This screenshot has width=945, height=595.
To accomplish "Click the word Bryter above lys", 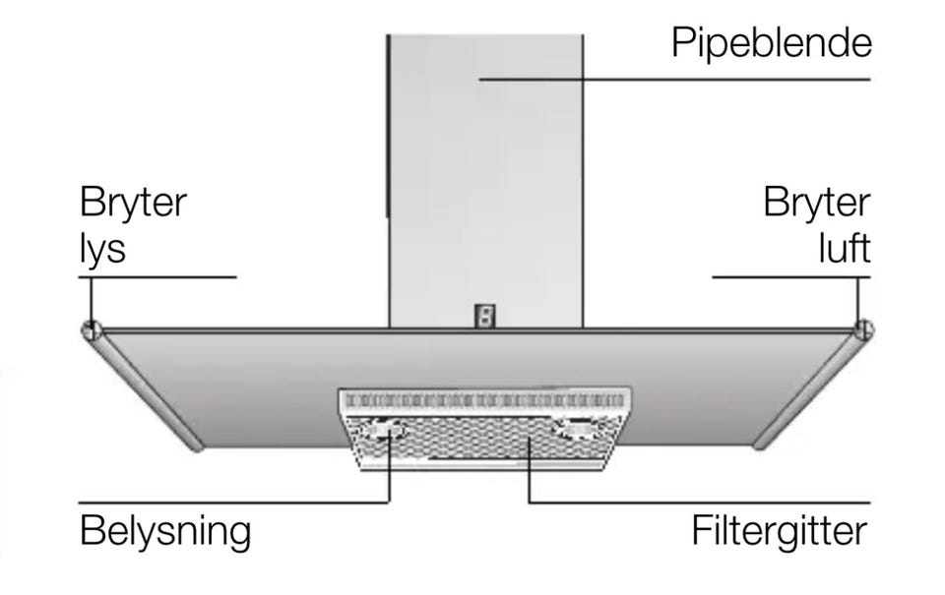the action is tap(133, 202).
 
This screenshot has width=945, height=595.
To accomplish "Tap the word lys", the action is tap(102, 248).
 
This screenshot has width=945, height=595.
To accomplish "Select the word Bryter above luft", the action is tap(817, 202).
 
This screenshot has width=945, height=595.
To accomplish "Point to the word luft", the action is tap(845, 247).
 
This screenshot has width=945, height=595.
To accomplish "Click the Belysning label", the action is tap(165, 531).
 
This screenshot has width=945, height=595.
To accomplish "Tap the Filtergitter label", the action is tap(780, 530).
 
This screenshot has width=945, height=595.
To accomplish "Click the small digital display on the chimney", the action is tap(485, 316).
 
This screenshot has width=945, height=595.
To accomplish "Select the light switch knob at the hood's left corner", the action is tap(91, 329).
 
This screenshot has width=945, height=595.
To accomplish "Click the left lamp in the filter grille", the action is tap(384, 429).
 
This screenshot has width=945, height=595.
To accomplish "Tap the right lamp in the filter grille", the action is tap(578, 428).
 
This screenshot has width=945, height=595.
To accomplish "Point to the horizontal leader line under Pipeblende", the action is tap(675, 79).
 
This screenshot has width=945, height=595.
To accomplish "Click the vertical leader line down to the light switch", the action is tap(91, 301).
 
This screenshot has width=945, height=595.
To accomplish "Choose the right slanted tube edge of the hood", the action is tap(812, 389).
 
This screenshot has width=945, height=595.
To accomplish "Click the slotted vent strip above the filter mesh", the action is tap(484, 400).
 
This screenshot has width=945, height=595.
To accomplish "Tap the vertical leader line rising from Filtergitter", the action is tap(530, 470).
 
